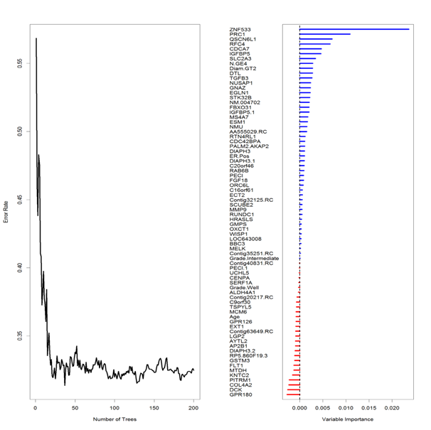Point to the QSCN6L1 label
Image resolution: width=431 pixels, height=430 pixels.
[243, 39]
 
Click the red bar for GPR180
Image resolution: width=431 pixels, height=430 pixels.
[293, 394]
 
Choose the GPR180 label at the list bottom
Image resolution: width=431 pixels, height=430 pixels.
[240, 394]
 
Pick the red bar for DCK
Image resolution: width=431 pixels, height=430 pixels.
[293, 389]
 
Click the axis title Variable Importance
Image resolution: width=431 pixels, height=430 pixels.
[346, 419]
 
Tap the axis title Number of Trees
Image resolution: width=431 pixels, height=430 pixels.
[115, 419]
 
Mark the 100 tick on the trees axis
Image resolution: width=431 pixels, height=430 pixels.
[115, 407]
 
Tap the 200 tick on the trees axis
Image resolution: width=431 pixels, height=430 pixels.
[193, 407]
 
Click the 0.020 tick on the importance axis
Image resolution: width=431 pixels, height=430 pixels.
[393, 408]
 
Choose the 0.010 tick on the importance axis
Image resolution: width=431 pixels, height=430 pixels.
[346, 408]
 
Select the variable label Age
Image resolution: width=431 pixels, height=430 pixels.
[235, 316]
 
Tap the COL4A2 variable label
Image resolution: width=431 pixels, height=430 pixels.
[240, 384]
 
